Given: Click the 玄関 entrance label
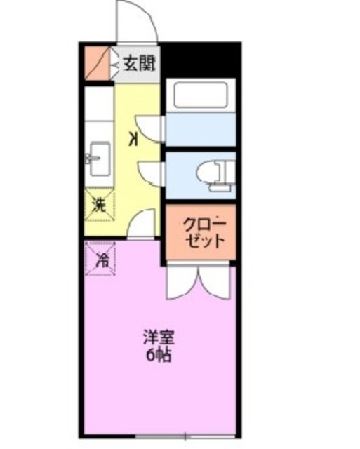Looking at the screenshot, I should [x=140, y=62].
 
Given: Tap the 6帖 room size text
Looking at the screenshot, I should [x=157, y=354].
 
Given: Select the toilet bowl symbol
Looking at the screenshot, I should [x=208, y=173].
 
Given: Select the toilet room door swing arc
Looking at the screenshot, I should [x=149, y=173].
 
